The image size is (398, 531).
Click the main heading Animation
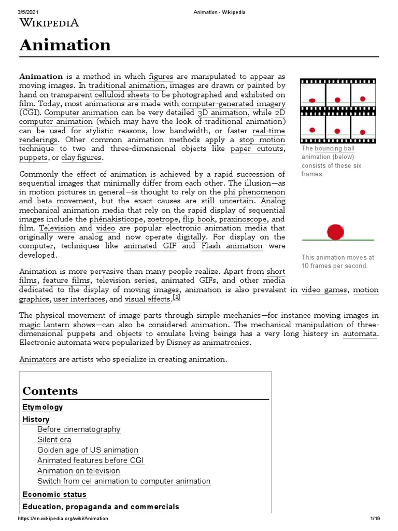coord(65,45)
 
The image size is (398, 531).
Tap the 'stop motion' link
coord(262,139)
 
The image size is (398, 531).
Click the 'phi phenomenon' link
coord(254,191)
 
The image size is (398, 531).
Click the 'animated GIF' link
coord(149,246)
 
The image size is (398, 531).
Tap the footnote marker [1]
coord(176,298)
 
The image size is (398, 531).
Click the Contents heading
coord(50,391)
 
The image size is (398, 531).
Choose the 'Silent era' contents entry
coord(54,440)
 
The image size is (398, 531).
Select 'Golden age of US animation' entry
coord(88,450)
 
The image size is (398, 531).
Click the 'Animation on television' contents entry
coord(78,471)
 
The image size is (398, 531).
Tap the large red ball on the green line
coord(336,231)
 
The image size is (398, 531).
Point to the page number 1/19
coord(375,519)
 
